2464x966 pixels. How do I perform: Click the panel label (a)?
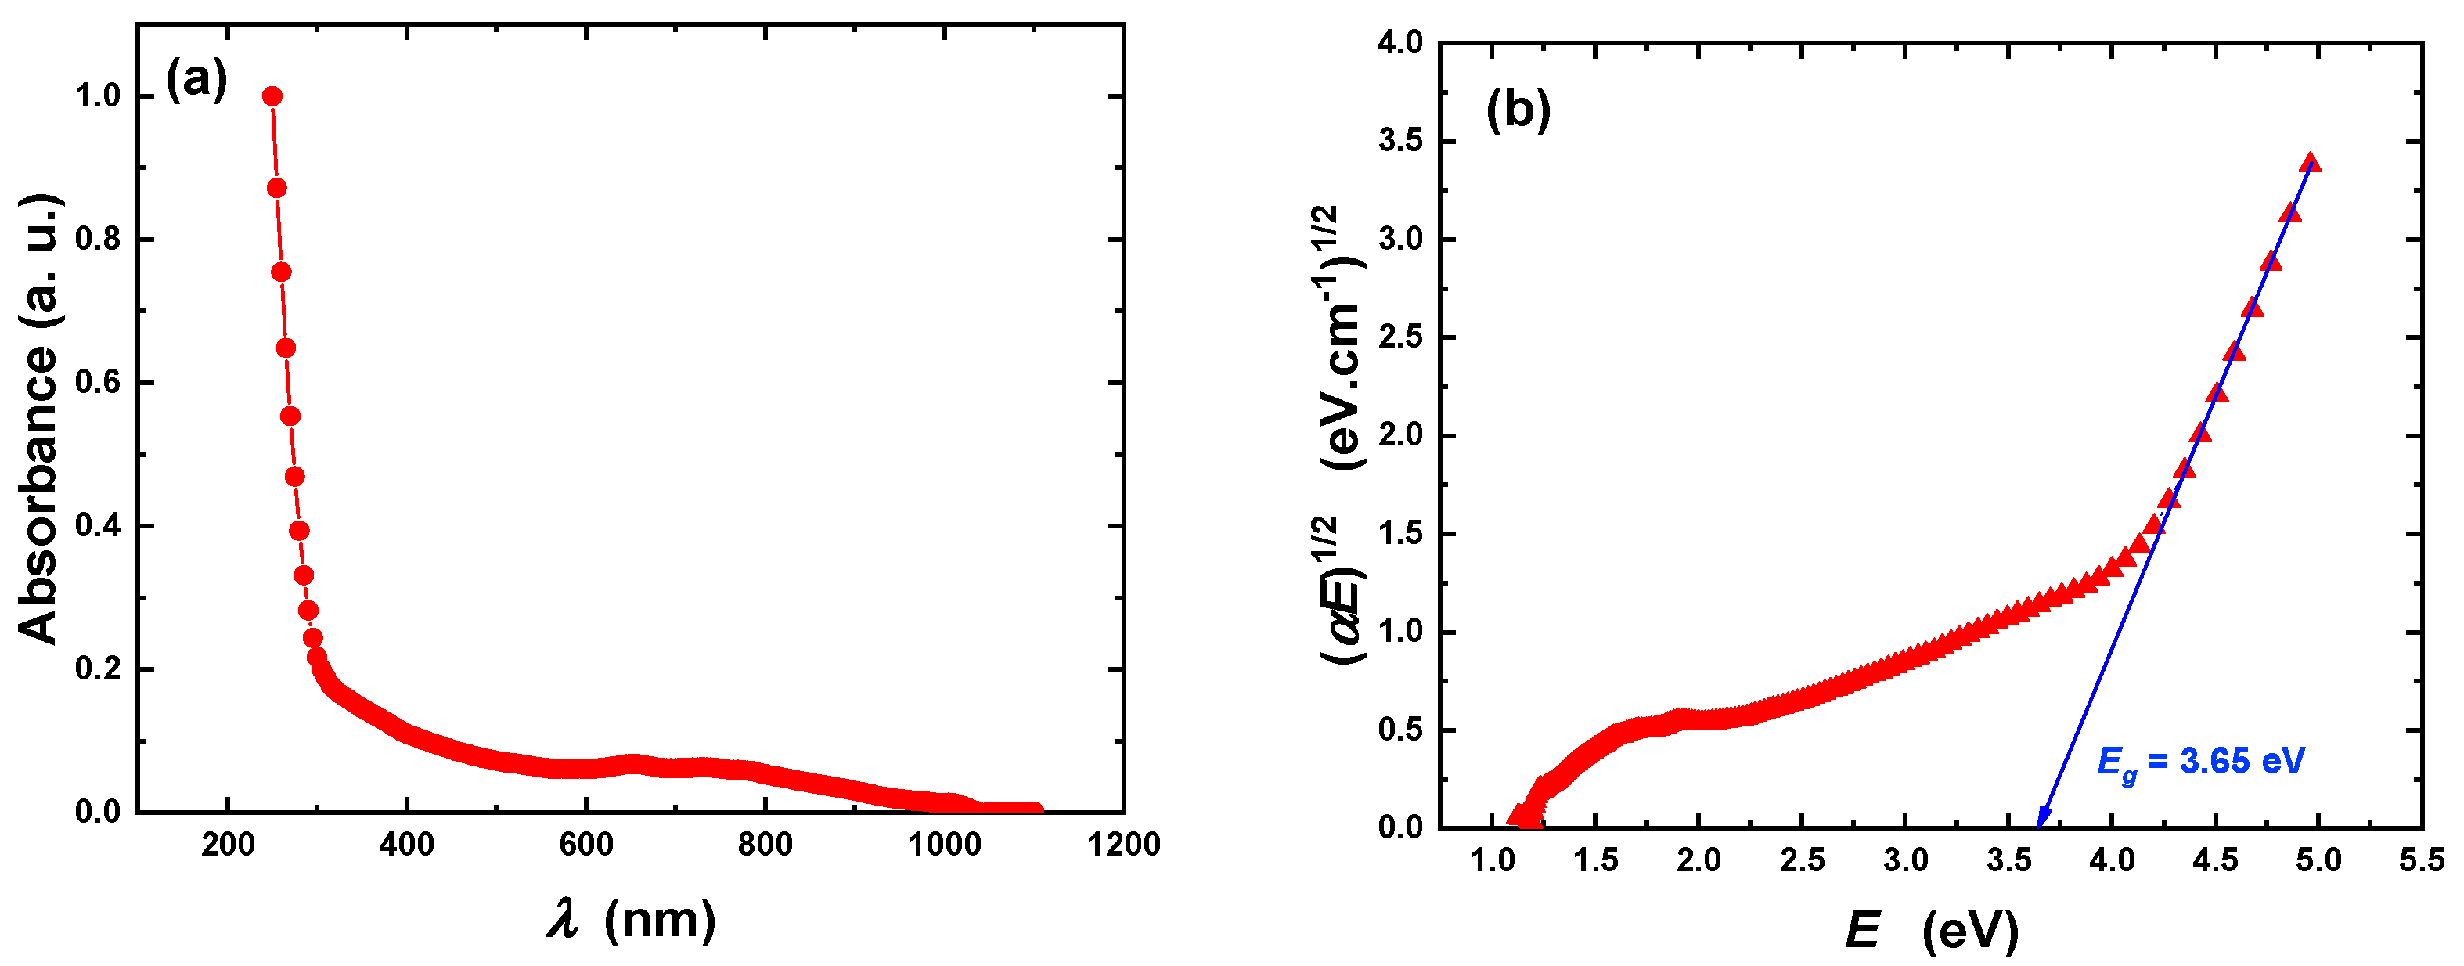coord(196,79)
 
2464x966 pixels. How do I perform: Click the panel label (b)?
coord(1517,111)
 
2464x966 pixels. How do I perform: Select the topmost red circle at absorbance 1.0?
coord(272,96)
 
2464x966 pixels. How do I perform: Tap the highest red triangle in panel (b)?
coord(2310,163)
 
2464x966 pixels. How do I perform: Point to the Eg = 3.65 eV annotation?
coord(2200,762)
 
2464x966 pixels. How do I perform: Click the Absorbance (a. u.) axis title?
coord(39,418)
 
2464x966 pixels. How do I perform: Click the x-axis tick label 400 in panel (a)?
coord(406,845)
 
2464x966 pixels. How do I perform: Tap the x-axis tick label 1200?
coord(1124,845)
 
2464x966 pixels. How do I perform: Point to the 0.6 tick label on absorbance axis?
coord(99,383)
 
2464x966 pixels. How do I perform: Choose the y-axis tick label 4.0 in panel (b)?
coord(1400,43)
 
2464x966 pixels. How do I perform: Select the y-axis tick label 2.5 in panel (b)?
coord(1400,337)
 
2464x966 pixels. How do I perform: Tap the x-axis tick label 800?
coord(765,845)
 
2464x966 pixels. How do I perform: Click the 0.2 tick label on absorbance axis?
coord(99,669)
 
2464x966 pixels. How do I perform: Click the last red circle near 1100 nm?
coord(1033,811)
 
